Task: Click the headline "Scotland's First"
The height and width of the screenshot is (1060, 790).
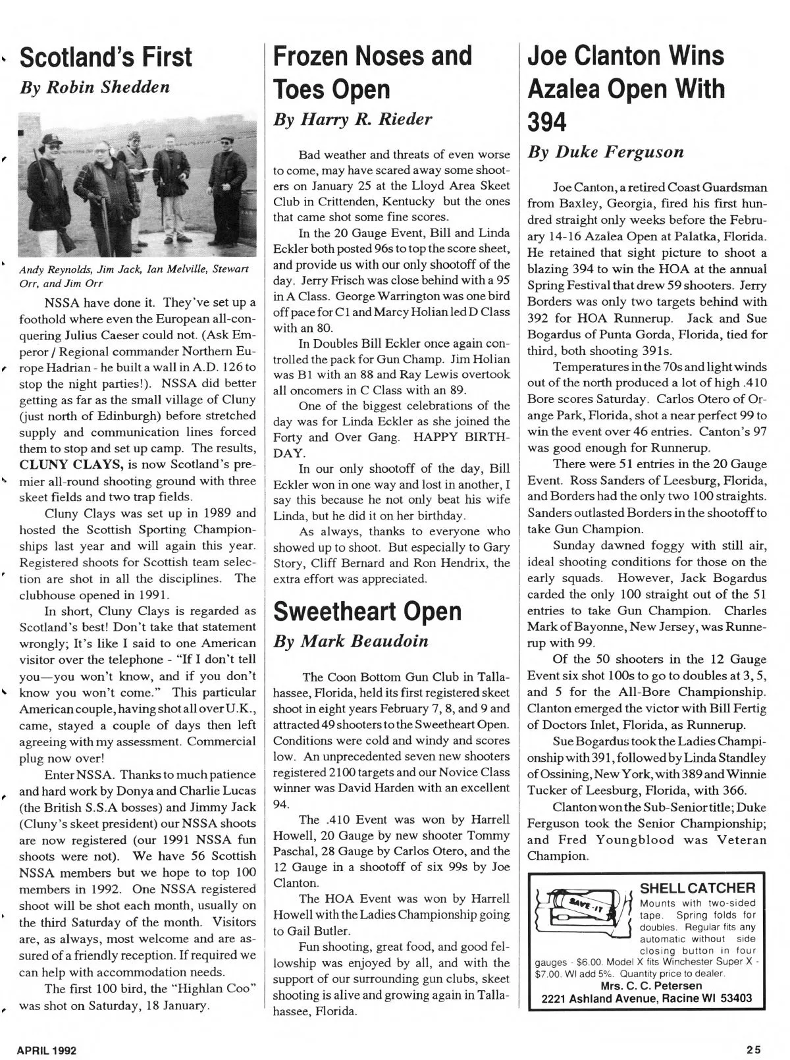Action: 106,57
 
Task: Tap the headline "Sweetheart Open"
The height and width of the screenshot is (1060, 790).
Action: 367,611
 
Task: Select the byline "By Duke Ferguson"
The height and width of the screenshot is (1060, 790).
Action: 606,152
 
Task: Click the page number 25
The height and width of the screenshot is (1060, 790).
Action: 754,1050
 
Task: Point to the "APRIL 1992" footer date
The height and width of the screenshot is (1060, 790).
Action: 47,1050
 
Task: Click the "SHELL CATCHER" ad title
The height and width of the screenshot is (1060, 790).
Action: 697,889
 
